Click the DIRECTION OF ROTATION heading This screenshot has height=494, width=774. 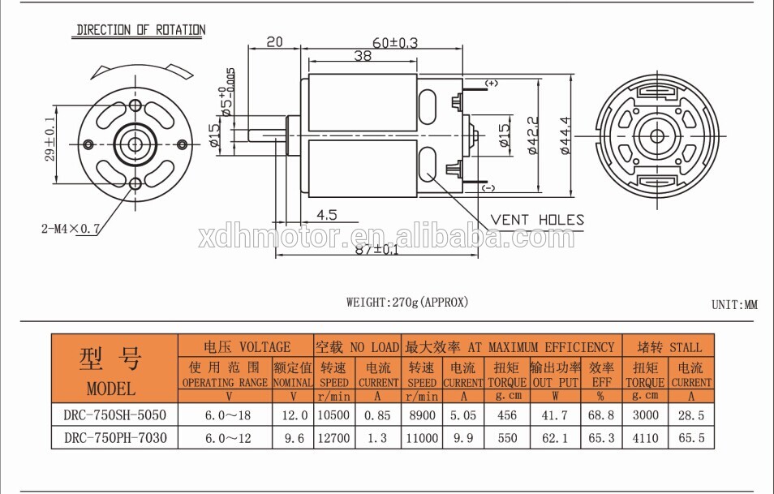(140, 30)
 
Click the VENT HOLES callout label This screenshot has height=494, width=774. (536, 220)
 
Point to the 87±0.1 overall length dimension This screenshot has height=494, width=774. (376, 250)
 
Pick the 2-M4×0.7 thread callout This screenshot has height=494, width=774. (71, 229)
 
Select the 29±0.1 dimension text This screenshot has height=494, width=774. (49, 140)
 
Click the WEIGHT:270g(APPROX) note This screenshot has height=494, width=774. (407, 303)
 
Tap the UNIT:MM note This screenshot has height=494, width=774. (733, 305)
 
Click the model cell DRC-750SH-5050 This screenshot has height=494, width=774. (114, 415)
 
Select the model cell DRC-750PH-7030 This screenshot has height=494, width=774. (114, 438)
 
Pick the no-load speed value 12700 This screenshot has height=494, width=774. (333, 438)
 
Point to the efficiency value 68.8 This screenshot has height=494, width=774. (600, 415)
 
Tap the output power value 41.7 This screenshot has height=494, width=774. (554, 415)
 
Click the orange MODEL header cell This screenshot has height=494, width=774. (114, 369)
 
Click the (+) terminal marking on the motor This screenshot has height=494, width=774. (492, 84)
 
